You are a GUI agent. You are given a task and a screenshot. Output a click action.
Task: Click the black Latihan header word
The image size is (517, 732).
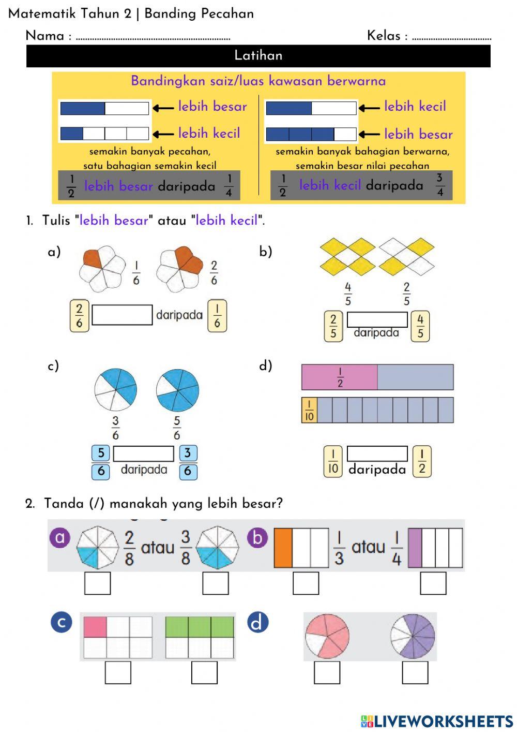[258, 55]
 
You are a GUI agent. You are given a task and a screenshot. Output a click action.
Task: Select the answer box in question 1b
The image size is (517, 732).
[377, 319]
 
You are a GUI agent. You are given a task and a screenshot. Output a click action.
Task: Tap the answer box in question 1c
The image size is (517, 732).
[143, 453]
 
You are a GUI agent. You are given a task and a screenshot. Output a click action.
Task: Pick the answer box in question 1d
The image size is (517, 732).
[377, 453]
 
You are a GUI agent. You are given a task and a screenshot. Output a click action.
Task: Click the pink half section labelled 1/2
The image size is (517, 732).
[340, 377]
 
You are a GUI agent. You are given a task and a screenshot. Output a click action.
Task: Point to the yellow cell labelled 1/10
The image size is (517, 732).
[309, 411]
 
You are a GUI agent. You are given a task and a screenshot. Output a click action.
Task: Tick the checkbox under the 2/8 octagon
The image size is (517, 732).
[98, 583]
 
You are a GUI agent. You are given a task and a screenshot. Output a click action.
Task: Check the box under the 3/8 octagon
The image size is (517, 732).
[216, 583]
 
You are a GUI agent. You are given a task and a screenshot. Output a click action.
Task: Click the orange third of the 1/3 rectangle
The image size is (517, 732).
[283, 548]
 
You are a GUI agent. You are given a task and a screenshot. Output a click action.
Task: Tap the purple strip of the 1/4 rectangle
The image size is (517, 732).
[415, 548]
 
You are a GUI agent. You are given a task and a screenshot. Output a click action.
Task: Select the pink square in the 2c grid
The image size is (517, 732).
[95, 627]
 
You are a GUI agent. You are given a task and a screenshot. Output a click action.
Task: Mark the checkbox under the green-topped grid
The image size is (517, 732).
[204, 672]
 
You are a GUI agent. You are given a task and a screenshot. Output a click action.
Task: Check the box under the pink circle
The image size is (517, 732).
[327, 672]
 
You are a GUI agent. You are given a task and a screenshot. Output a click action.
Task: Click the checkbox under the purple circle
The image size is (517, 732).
[415, 672]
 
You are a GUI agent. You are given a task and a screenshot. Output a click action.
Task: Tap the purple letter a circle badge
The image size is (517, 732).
[60, 537]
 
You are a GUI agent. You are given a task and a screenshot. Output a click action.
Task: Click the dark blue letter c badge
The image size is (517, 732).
[62, 622]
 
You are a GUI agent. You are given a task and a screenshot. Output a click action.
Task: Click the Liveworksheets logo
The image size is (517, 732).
[437, 721]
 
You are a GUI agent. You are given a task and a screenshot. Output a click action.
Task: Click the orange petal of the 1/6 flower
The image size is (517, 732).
[92, 258]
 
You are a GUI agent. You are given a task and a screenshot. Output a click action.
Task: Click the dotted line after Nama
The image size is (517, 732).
[153, 38]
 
